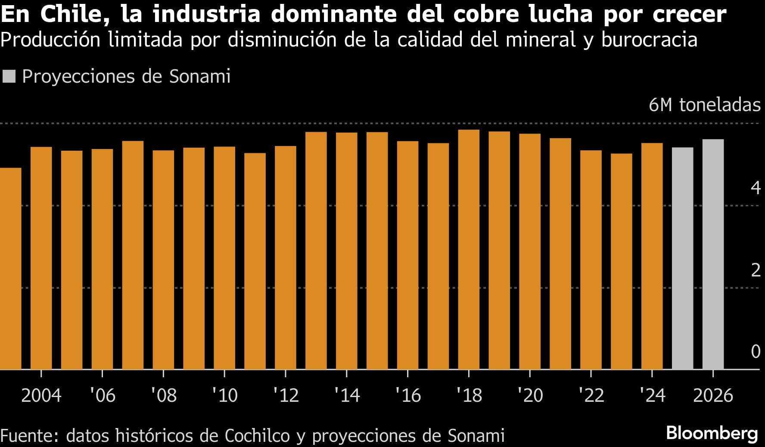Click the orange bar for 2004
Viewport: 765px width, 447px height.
41,258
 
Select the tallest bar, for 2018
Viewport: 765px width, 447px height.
469,250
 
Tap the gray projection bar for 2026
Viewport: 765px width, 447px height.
713,254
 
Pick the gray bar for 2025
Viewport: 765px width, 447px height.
682,258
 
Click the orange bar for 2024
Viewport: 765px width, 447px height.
652,256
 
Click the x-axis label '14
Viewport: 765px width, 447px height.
347,395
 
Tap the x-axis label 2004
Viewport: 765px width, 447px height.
41,395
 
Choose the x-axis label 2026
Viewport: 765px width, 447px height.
713,395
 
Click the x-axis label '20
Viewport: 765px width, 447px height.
530,395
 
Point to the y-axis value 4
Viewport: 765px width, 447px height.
756,188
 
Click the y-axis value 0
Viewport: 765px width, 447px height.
756,351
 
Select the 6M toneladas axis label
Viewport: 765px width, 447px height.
705,105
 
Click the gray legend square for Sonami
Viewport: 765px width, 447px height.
9,77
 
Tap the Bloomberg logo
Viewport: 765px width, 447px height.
712,433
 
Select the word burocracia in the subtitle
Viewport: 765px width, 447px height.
649,40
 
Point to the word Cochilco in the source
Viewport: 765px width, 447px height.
258,435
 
